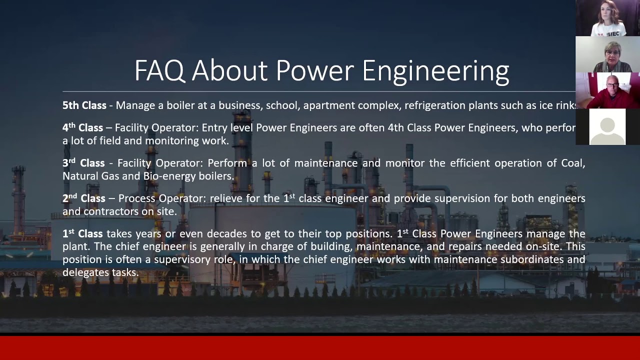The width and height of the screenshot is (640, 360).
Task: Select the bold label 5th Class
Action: coord(84,105)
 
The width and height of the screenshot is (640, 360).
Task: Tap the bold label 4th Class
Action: coord(82,128)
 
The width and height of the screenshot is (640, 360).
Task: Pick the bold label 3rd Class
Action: coord(83,163)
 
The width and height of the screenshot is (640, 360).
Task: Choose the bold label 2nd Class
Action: coord(83,198)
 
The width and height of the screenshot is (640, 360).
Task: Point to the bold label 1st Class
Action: coord(82,234)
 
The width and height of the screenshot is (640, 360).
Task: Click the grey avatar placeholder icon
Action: coord(607,127)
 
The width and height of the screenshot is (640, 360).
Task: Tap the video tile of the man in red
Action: coord(607,90)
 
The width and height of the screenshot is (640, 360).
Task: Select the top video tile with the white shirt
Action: coord(607,18)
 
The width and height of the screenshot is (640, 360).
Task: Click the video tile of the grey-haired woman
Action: coord(607,54)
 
